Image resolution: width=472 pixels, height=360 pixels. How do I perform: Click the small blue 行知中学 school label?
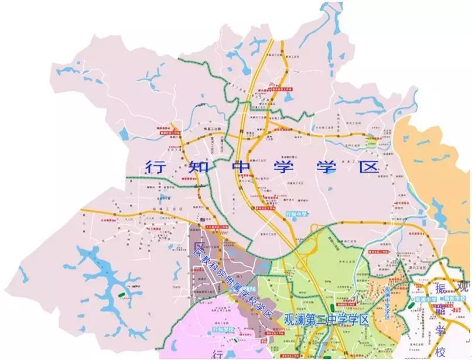(x=297, y=215)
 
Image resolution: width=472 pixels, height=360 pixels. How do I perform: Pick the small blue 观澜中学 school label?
(x=420, y=299)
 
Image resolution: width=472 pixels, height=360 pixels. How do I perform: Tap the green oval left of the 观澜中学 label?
(x=408, y=299)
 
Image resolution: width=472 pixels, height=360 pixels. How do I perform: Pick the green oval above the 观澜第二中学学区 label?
(x=332, y=307)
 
